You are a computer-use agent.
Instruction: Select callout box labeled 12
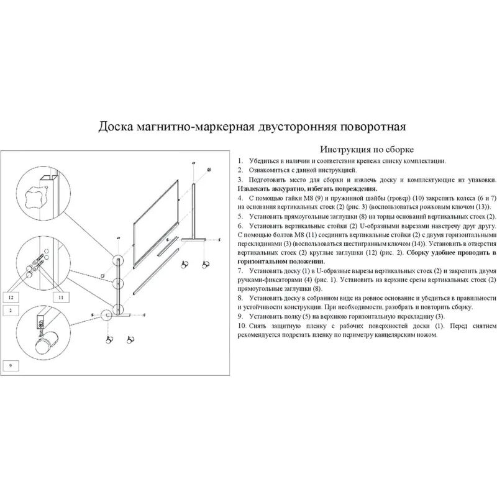tap(11, 298)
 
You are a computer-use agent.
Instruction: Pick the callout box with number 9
tap(11, 365)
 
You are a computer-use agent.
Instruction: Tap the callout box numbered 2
tap(11, 309)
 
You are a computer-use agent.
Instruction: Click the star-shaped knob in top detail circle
tap(33, 198)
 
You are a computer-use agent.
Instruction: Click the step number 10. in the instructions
tap(242, 326)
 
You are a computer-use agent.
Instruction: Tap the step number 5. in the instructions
tap(240, 216)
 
